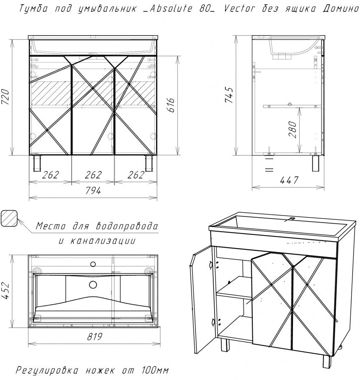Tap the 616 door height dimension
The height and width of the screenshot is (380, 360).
(171, 105)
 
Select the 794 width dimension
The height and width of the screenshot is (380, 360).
(93, 191)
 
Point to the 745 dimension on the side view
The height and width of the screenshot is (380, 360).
(229, 95)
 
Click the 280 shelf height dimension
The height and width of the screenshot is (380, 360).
(293, 130)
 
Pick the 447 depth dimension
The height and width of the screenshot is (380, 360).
(289, 180)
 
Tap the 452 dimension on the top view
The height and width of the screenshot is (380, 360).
(6, 291)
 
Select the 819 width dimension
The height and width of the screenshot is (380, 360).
(94, 336)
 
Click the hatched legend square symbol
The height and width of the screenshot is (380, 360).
(9, 218)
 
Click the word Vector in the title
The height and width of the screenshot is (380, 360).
(239, 9)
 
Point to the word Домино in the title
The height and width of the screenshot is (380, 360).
(340, 9)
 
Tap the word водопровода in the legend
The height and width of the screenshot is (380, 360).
(127, 226)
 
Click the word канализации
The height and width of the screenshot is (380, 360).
(103, 241)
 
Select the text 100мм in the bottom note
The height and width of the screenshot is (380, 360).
(154, 371)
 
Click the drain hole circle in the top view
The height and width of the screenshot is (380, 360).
(93, 285)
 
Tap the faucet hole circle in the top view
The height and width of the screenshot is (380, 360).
(93, 264)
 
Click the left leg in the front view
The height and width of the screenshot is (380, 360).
(37, 163)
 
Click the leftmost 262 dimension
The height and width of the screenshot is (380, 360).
(50, 175)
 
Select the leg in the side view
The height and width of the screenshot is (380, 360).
(316, 164)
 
